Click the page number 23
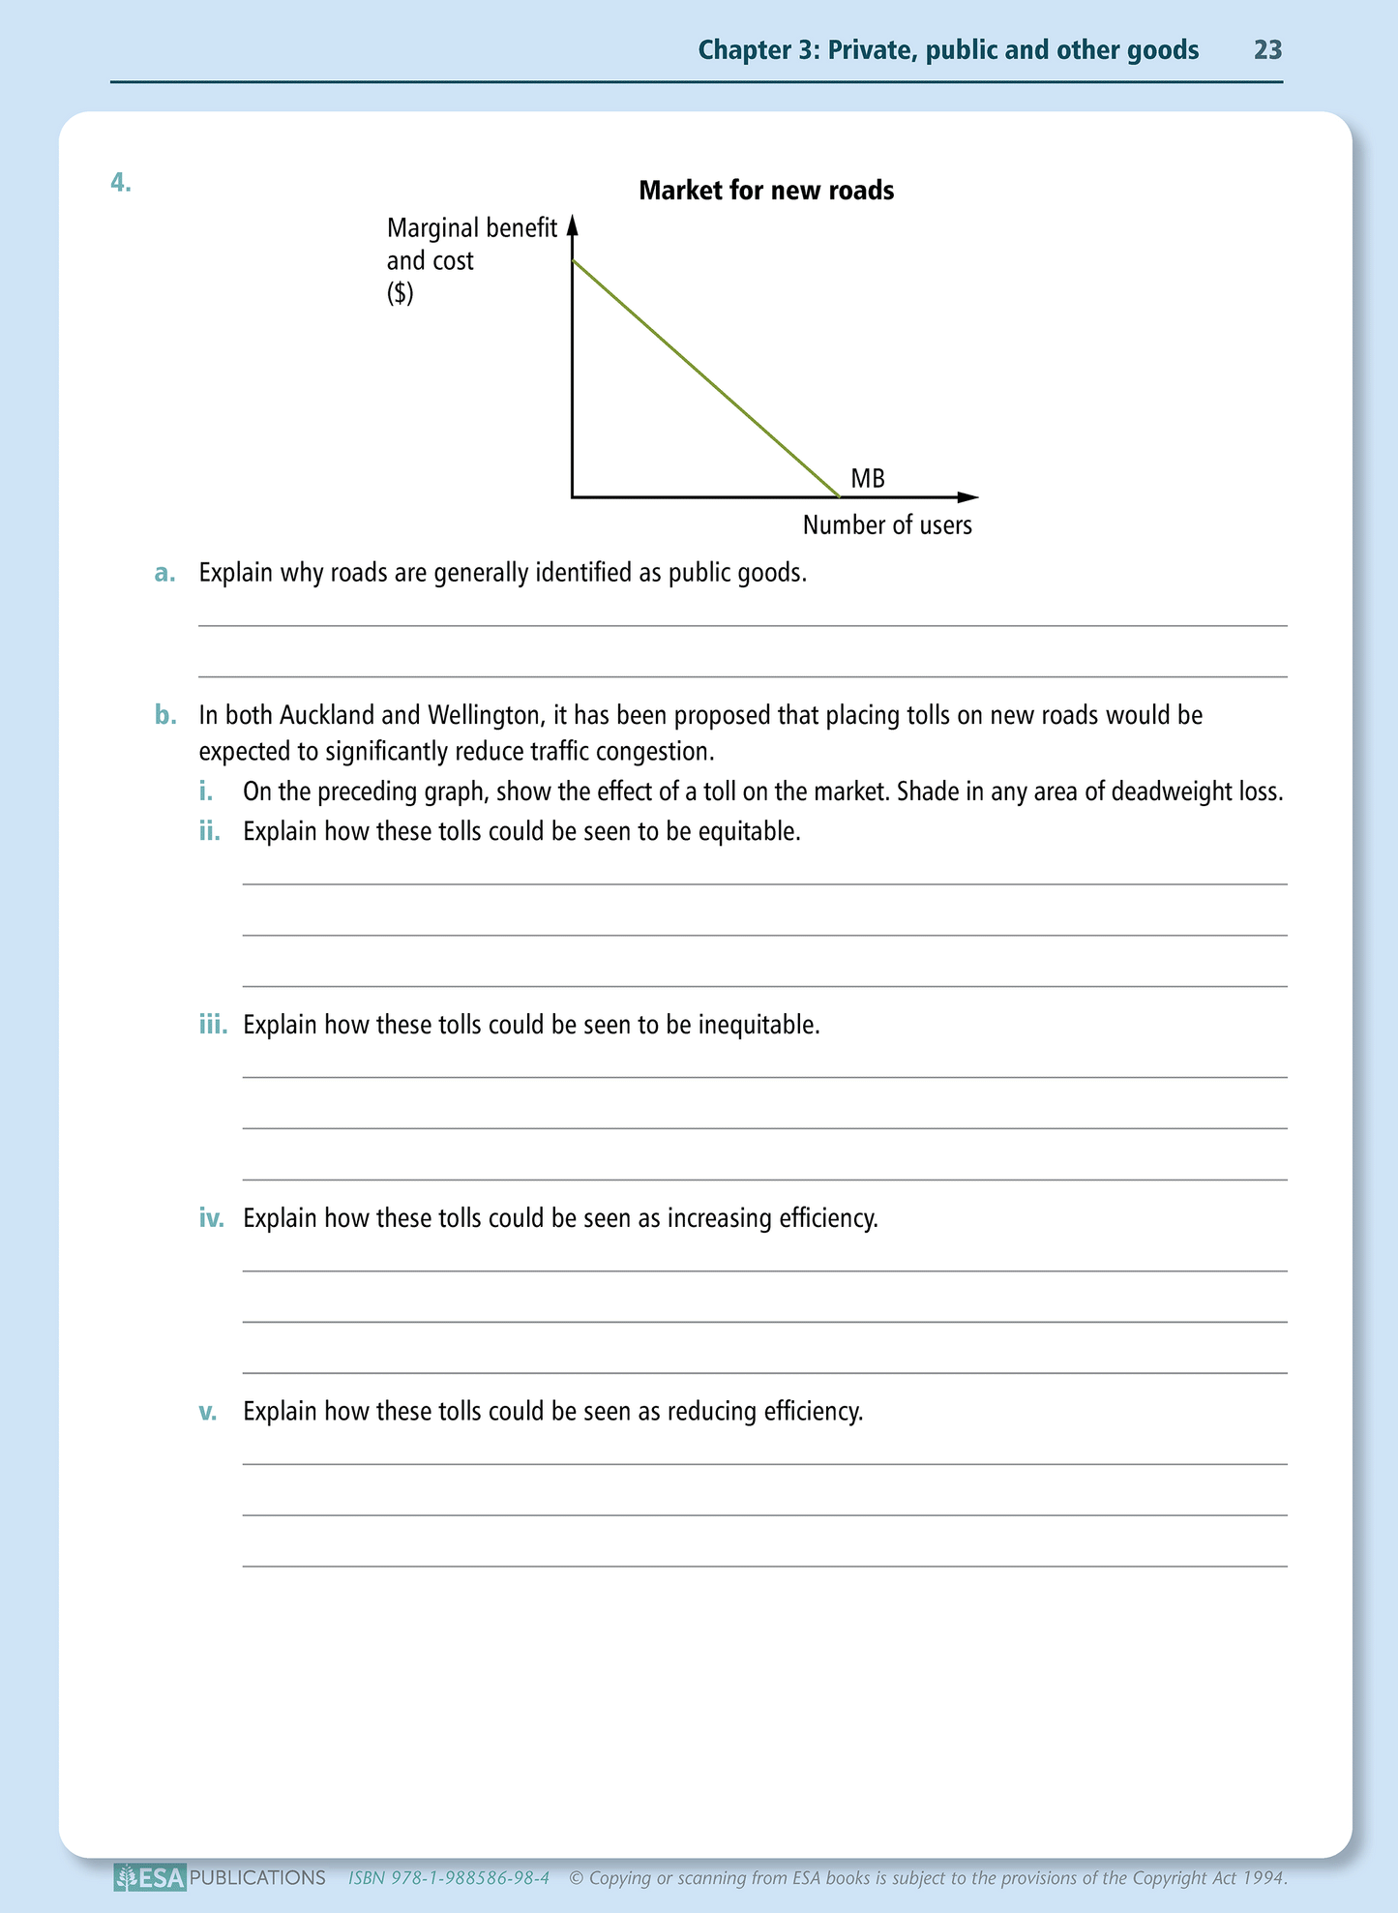point(1267,50)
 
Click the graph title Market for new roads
point(766,191)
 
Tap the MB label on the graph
point(867,479)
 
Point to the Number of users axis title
point(887,525)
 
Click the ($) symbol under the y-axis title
point(400,293)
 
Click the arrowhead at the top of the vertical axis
point(572,225)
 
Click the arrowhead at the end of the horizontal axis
point(968,497)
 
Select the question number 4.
point(121,182)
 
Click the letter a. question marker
point(165,574)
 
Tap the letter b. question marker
point(165,716)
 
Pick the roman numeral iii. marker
point(213,1025)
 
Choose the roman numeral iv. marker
point(212,1218)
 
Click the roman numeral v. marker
point(208,1412)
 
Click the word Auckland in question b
point(327,716)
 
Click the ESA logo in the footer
point(150,1878)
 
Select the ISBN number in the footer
point(449,1878)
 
